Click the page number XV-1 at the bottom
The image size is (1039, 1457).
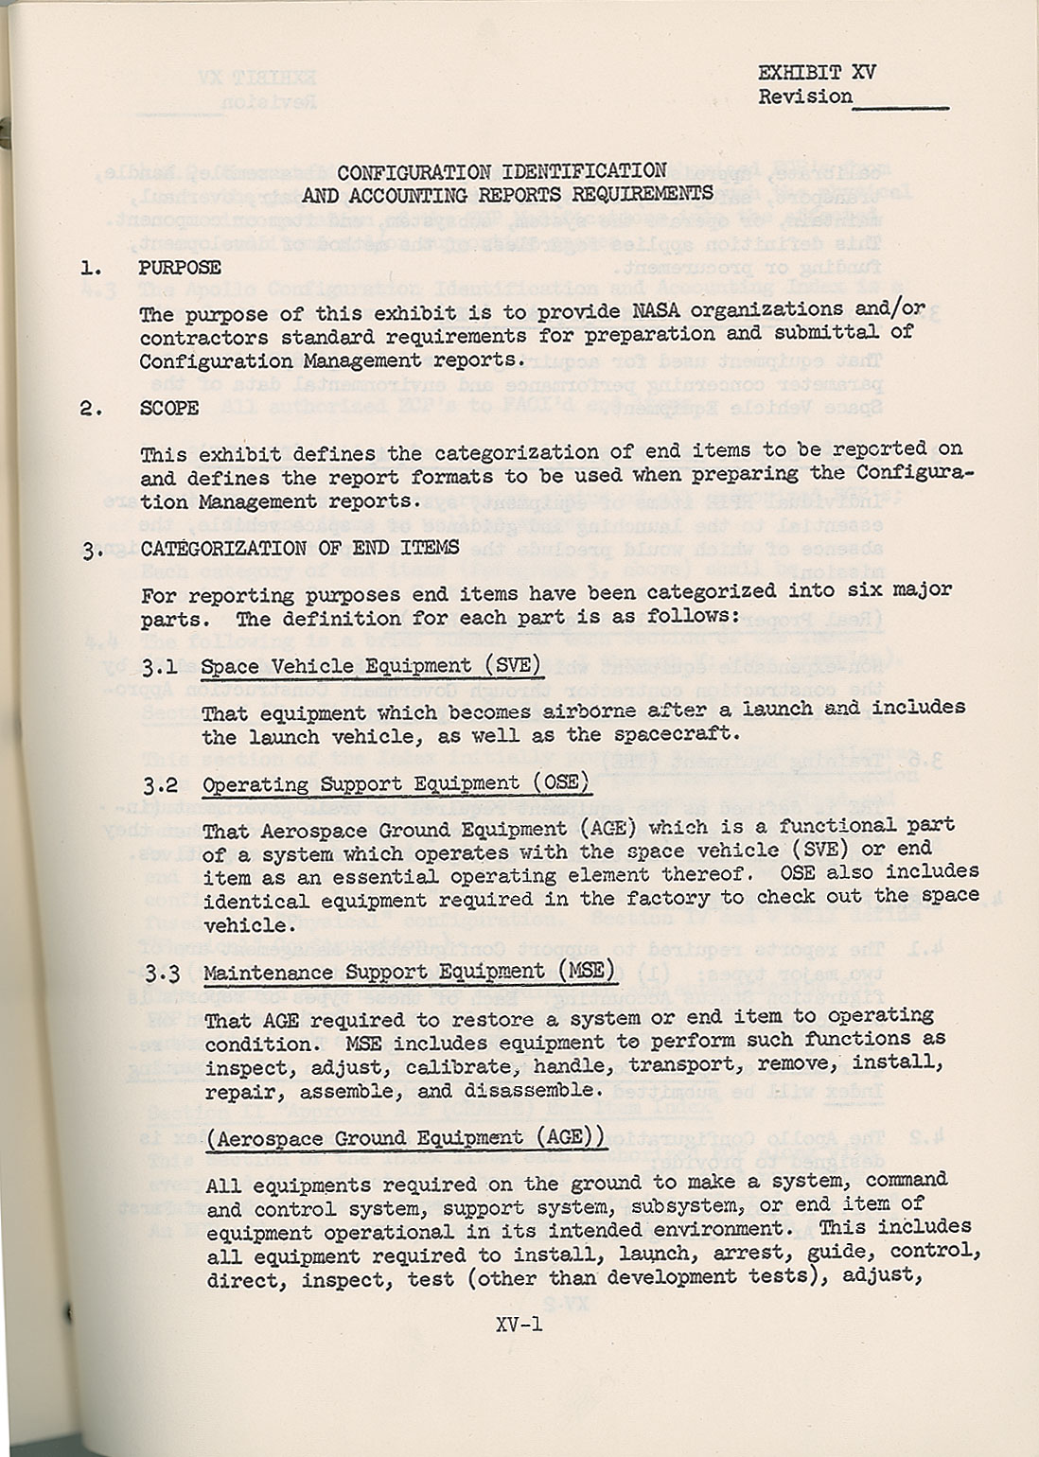pos(518,1325)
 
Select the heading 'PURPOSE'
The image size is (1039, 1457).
pos(180,268)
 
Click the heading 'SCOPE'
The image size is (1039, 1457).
pos(169,408)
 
